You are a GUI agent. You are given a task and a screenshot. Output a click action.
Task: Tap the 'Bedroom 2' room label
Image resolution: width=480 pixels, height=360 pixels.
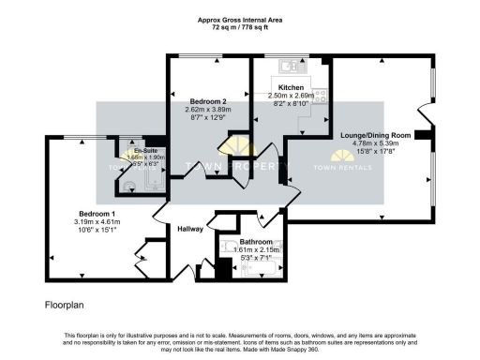tap(207, 101)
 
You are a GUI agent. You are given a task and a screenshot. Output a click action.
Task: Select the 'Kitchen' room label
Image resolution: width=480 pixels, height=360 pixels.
tap(291, 87)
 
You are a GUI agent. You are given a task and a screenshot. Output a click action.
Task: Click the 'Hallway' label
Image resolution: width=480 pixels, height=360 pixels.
tap(191, 229)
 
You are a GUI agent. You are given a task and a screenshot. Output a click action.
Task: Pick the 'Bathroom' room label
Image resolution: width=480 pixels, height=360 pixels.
tap(255, 242)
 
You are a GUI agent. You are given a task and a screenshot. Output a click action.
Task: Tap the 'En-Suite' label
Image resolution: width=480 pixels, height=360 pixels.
tap(145, 151)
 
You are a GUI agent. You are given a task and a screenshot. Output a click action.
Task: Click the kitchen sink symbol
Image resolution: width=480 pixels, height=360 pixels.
tap(289, 66)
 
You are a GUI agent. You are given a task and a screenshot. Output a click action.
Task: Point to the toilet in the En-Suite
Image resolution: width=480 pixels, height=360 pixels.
tap(130, 185)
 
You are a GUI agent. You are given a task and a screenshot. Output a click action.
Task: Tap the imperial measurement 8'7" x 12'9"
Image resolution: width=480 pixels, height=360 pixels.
tap(207, 118)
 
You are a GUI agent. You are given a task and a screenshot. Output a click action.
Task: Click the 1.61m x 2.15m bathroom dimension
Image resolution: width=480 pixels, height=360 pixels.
tap(255, 249)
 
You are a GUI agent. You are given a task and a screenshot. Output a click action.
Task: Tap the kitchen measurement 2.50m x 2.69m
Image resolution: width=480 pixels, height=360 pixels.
tap(291, 96)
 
